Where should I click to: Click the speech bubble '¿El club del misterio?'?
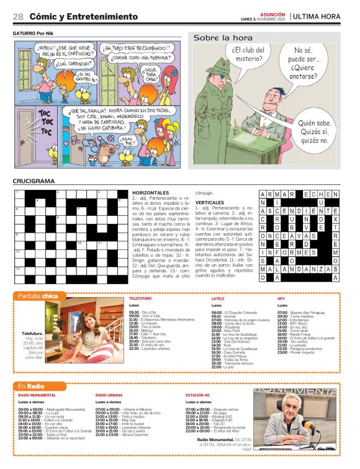point(248,54)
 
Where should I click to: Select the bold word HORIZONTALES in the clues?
point(150,193)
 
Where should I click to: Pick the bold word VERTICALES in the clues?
point(210,202)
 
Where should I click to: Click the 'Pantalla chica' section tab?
point(38,296)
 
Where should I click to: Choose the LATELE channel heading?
point(218,298)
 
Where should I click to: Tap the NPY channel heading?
point(281,298)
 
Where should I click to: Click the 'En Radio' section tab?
point(31,386)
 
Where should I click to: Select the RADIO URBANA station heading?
point(109,395)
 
